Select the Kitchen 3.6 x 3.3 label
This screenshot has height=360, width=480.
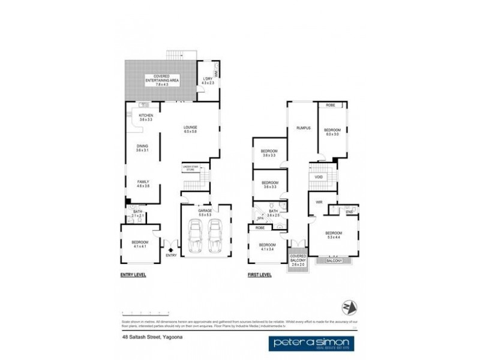(x=146, y=118)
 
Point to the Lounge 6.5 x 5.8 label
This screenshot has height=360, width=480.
(x=191, y=129)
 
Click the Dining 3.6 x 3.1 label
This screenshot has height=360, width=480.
(x=142, y=148)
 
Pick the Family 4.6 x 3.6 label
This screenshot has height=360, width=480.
(x=143, y=184)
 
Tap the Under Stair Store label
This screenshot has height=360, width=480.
(x=190, y=169)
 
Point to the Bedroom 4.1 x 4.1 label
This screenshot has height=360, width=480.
(x=140, y=244)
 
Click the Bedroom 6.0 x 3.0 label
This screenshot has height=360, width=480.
(x=332, y=132)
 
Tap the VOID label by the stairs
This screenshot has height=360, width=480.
(x=319, y=178)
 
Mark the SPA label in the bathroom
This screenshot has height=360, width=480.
(x=260, y=218)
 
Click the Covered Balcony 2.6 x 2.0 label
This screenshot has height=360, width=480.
(x=298, y=259)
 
